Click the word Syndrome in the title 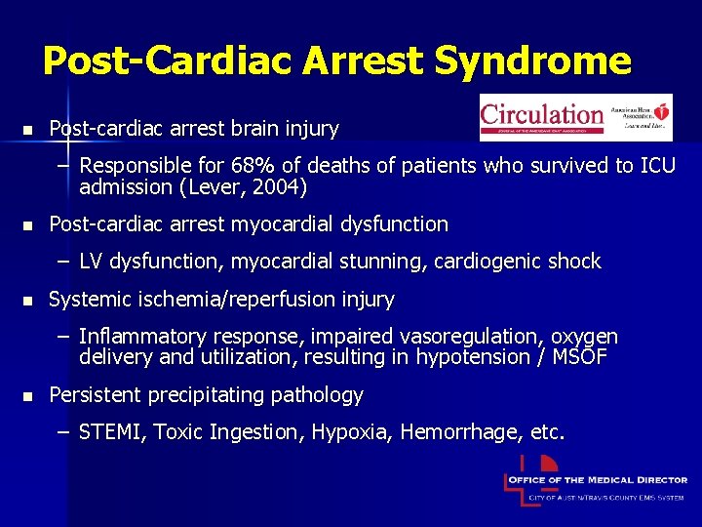[x=533, y=61]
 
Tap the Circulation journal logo [x=575, y=117]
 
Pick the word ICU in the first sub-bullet [x=655, y=166]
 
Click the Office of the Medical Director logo [x=595, y=482]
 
